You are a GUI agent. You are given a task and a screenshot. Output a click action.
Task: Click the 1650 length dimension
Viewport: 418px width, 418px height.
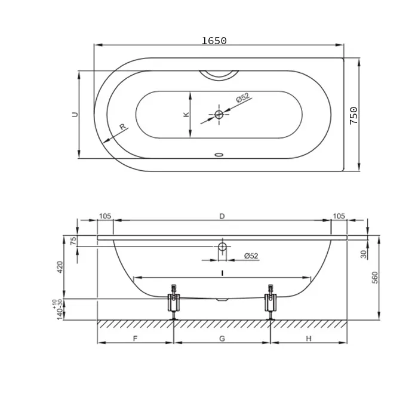214,41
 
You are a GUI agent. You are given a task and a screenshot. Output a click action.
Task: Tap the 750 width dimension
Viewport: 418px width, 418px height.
354,115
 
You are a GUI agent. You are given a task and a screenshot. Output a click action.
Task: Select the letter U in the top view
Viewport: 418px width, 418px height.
75,115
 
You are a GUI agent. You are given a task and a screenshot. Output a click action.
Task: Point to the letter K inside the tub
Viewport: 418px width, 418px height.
186,115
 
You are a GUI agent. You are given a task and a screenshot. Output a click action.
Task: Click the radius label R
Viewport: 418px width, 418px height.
122,127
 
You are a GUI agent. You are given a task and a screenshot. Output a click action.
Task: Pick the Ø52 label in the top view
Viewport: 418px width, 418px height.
242,97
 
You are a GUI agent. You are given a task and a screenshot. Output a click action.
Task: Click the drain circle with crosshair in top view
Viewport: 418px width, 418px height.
219,115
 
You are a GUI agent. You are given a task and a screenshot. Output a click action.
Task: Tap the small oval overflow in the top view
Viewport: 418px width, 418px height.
219,155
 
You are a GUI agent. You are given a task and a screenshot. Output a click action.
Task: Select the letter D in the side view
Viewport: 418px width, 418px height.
222,216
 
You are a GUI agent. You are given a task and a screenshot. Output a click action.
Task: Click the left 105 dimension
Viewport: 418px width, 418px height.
105,216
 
